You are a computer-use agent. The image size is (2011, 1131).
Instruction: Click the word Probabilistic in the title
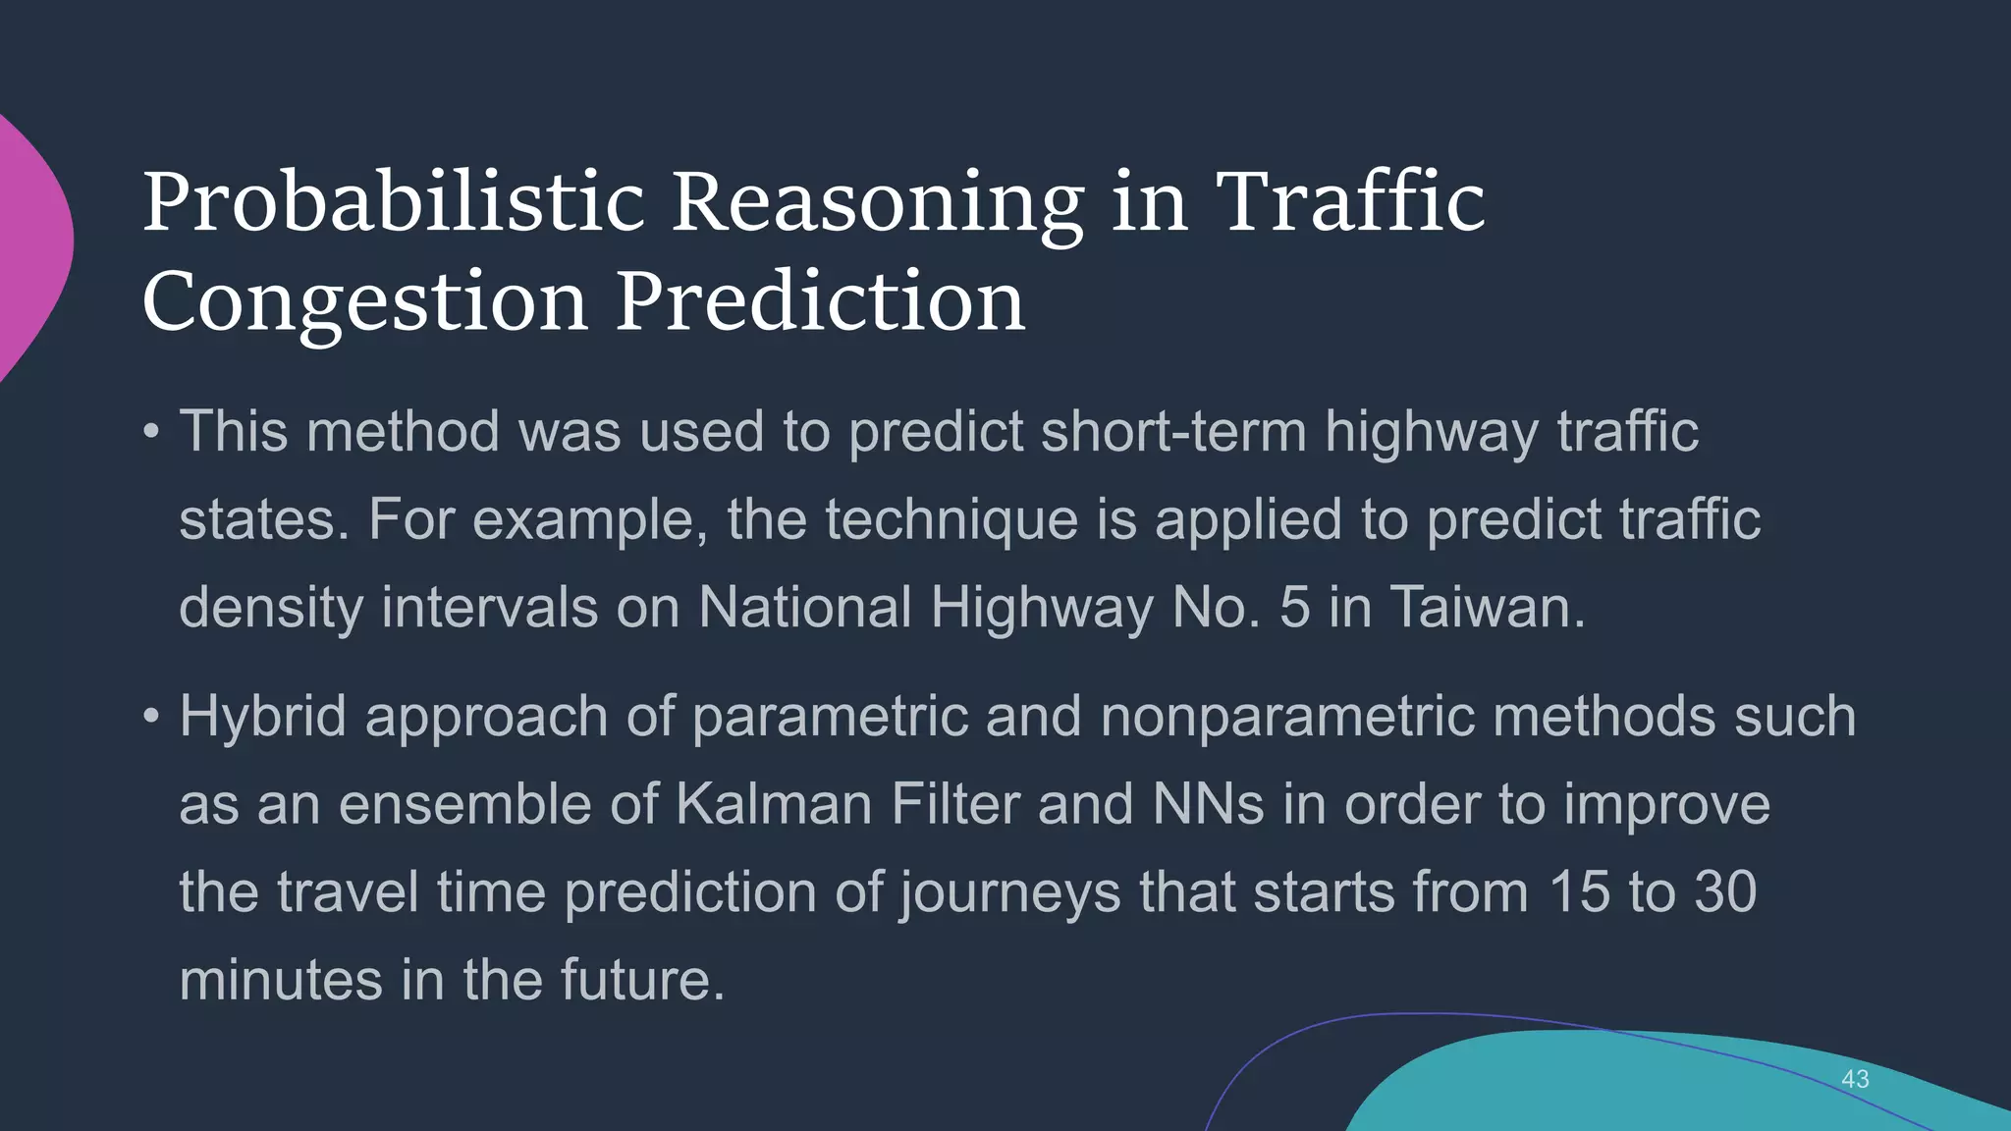coord(393,202)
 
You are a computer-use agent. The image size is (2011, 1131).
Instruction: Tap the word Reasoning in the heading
coord(877,202)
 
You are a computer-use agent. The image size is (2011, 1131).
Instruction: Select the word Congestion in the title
coord(364,301)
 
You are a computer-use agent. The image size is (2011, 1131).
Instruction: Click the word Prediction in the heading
coord(820,301)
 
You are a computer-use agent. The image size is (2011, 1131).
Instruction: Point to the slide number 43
coord(1855,1079)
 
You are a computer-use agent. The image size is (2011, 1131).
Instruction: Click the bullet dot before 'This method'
coord(150,432)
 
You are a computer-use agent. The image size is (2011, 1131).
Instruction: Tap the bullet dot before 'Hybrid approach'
coord(150,717)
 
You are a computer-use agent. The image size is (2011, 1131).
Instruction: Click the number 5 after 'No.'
coord(1295,607)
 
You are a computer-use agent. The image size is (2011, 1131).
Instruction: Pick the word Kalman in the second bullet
coord(774,804)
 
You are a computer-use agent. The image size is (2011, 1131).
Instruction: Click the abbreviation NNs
coord(1208,804)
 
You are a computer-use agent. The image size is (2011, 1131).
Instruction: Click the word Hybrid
coord(263,717)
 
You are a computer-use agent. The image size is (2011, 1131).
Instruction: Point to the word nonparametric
coord(1287,717)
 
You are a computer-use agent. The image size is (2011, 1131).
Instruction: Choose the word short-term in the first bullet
coord(1173,432)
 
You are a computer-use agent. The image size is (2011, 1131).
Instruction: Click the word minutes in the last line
coord(281,980)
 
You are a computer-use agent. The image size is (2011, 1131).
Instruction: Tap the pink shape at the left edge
coord(29,245)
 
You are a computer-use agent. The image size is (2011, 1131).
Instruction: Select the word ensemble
coord(465,804)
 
